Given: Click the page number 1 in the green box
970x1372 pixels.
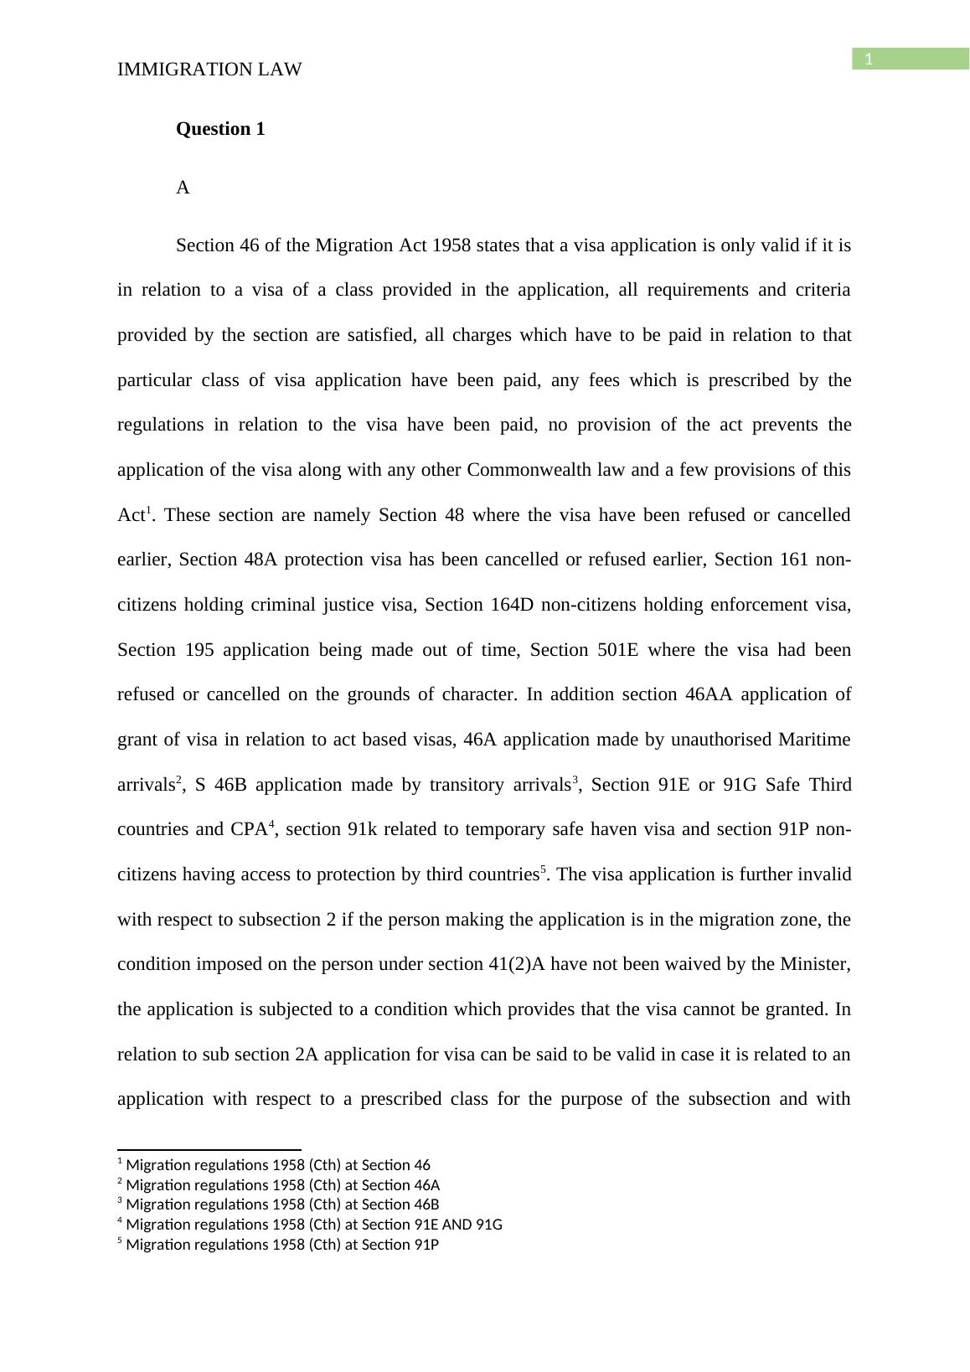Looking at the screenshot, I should tap(869, 59).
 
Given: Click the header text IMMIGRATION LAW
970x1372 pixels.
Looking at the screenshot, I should tap(209, 70).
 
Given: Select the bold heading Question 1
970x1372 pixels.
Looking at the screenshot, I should tap(220, 129).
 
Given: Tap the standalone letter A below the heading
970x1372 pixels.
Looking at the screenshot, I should tap(183, 188).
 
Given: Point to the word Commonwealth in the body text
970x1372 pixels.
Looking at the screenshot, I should tap(546, 470).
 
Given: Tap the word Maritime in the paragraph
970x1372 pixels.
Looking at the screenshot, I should tap(814, 740).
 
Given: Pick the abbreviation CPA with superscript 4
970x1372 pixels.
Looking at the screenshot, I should tap(250, 829).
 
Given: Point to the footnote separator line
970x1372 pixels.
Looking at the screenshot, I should tap(209, 1150).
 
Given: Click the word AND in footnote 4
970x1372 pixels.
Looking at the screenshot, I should tap(458, 1225).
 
